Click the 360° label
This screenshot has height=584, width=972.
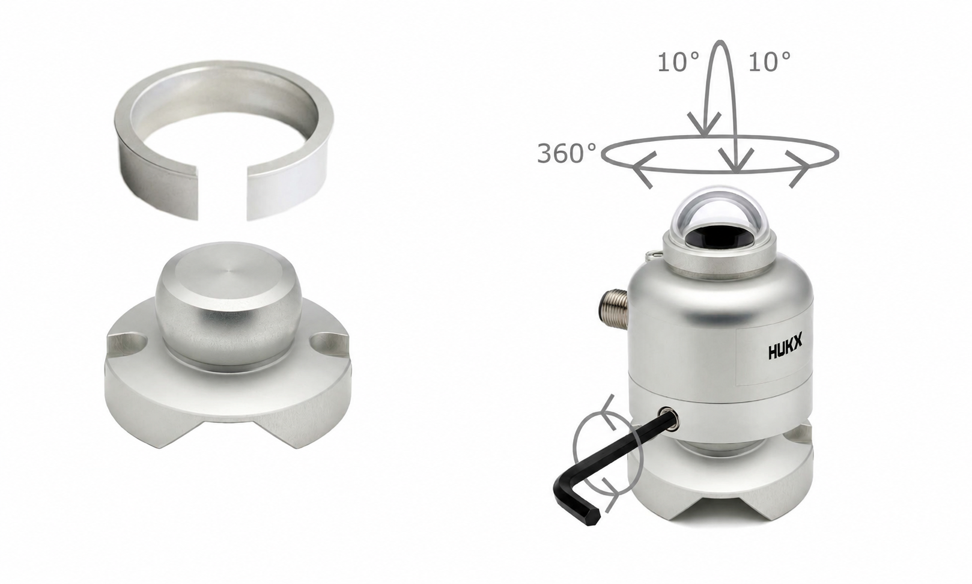(x=566, y=154)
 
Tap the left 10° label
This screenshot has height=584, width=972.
(x=679, y=62)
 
